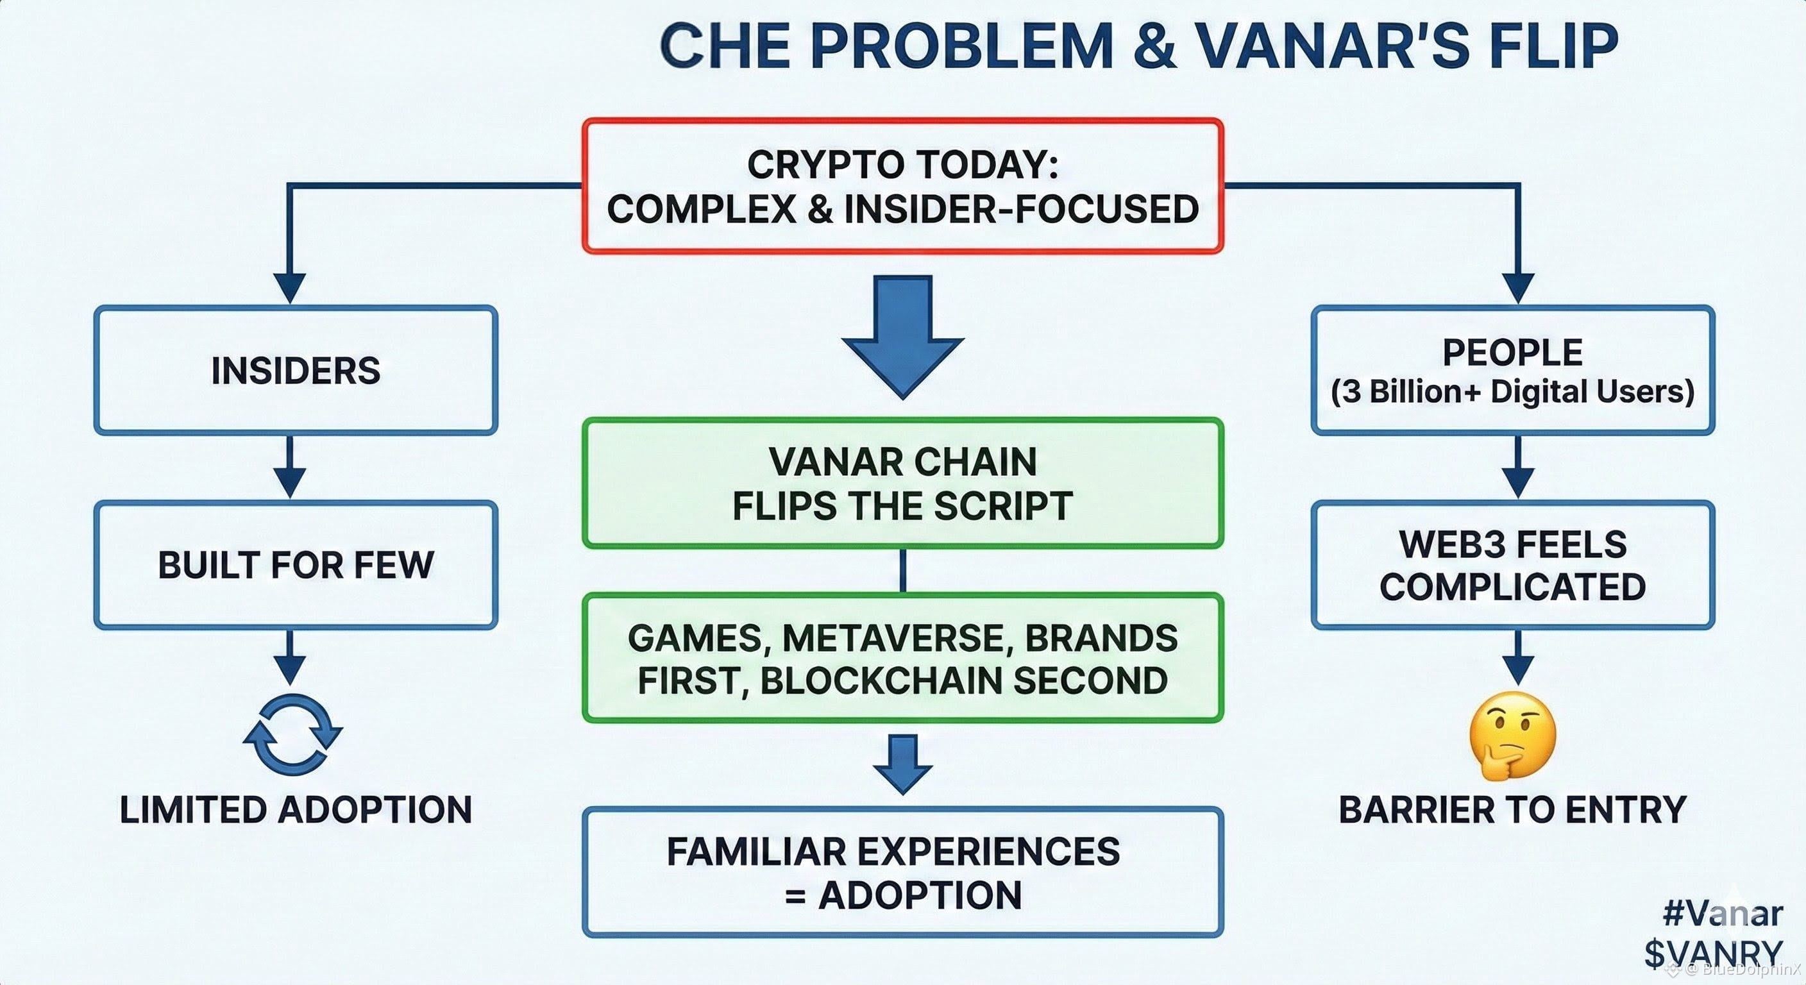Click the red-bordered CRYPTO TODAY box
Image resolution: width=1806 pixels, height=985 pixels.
click(902, 186)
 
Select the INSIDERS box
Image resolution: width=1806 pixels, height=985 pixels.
click(296, 370)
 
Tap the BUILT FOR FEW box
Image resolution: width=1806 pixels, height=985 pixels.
click(296, 564)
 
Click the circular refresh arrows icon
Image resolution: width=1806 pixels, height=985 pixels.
click(293, 734)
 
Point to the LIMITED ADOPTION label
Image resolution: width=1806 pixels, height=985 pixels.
click(296, 810)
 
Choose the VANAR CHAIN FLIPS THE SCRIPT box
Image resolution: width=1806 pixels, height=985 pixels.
click(902, 483)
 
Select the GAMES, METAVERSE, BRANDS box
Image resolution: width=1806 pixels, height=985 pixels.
click(902, 659)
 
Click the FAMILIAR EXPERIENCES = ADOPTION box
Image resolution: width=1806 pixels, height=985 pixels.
click(902, 872)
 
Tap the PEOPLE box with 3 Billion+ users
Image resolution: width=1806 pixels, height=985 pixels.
click(1512, 370)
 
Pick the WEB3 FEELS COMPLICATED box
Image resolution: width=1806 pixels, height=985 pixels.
click(1512, 564)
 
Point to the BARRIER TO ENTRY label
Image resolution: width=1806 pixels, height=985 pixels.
click(1512, 810)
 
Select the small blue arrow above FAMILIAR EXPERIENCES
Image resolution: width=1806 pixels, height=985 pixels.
click(902, 762)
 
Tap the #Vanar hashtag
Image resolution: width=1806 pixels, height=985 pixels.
click(1722, 913)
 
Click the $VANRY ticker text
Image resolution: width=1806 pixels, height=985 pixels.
click(1713, 953)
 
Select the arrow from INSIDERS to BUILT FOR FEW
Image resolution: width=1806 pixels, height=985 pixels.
click(289, 467)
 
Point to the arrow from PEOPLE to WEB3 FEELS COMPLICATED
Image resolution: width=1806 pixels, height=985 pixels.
click(1518, 467)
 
